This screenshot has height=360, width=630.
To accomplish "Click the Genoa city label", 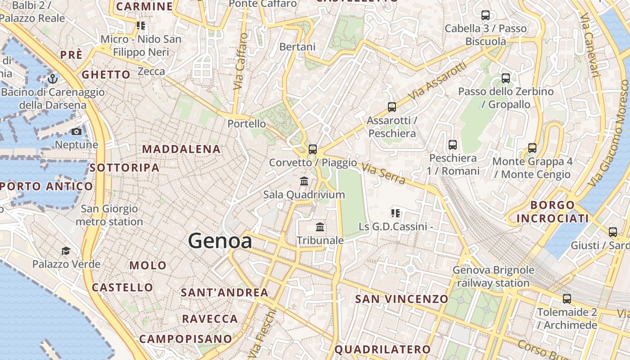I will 220,241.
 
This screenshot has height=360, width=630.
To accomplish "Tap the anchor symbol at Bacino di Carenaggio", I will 53,79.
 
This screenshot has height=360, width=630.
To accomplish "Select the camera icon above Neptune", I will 76,131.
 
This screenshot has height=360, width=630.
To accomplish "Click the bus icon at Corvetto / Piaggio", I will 313,149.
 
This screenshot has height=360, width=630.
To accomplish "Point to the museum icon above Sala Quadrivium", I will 304,181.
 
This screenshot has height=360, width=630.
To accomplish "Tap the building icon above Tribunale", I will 320,227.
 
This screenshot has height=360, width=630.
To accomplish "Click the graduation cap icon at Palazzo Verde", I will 66,251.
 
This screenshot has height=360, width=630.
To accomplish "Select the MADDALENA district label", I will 181,149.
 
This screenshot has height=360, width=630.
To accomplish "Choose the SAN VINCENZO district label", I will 402,299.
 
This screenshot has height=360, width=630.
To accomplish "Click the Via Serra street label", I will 383,174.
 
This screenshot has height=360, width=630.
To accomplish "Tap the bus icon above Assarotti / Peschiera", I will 392,107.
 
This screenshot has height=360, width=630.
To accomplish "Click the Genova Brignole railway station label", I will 493,277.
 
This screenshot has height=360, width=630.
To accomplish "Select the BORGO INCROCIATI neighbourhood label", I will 552,212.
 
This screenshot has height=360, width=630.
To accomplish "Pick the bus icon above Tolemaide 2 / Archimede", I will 567,299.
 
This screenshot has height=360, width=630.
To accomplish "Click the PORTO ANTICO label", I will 46,186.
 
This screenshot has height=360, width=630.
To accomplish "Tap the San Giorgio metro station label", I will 109,215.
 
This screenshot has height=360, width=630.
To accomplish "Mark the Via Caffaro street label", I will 241,61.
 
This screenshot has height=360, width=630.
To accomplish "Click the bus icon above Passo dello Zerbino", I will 506,78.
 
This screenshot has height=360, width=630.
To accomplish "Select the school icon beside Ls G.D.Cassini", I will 396,213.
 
